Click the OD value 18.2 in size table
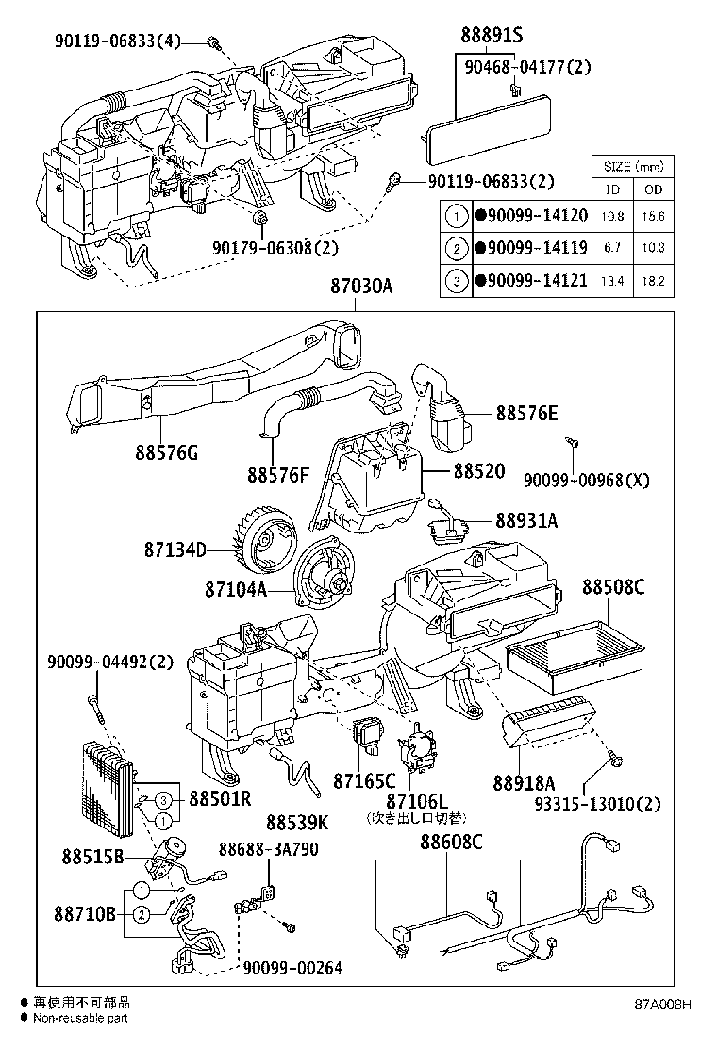click(653, 281)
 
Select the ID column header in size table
click(612, 190)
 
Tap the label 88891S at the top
click(492, 35)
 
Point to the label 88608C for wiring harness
click(451, 841)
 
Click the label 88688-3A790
click(269, 848)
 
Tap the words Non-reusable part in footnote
click(80, 1017)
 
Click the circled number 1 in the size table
click(458, 216)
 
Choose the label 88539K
click(296, 822)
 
